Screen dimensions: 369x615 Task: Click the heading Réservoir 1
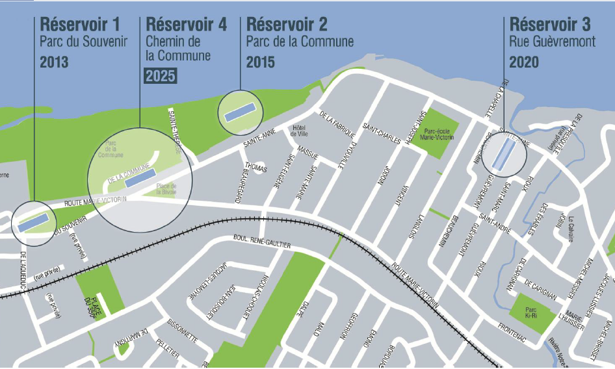(x=80, y=25)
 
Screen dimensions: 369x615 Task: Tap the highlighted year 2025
(x=160, y=75)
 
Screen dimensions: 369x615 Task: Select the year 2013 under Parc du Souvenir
(x=54, y=62)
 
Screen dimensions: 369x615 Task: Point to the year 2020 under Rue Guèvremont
(x=524, y=62)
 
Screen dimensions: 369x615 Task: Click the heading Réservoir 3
(x=550, y=25)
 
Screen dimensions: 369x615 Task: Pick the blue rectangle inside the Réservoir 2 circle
(x=240, y=112)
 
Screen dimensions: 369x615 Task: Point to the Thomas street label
(x=257, y=169)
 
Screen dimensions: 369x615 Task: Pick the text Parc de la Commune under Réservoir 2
(x=300, y=42)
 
